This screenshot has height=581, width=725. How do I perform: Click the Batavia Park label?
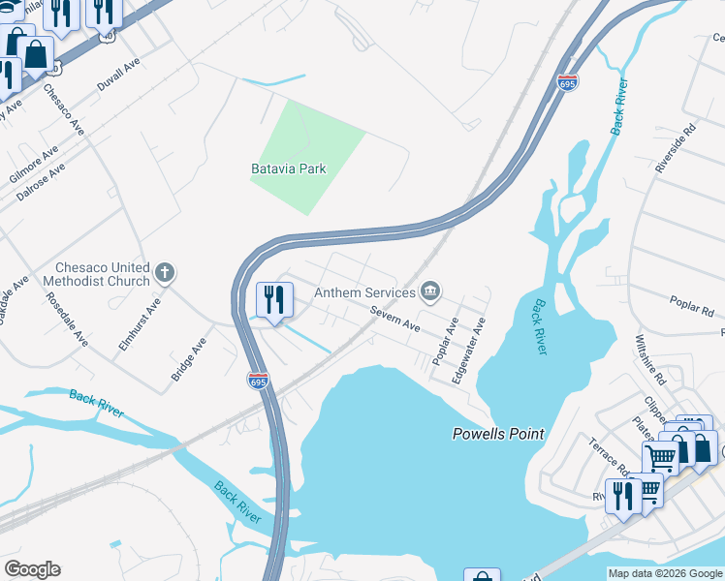(x=289, y=168)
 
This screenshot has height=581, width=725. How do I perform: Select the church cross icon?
(x=165, y=272)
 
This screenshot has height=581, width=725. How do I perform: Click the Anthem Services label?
(x=364, y=291)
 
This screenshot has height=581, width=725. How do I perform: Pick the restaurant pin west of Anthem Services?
(x=274, y=300)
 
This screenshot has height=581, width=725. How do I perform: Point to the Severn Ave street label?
(x=394, y=320)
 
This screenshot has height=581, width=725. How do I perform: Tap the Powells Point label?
(x=498, y=434)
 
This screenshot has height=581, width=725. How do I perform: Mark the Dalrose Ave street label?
(x=41, y=181)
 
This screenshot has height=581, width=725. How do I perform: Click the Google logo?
(x=32, y=569)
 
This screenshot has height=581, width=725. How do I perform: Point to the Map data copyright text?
(x=664, y=573)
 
